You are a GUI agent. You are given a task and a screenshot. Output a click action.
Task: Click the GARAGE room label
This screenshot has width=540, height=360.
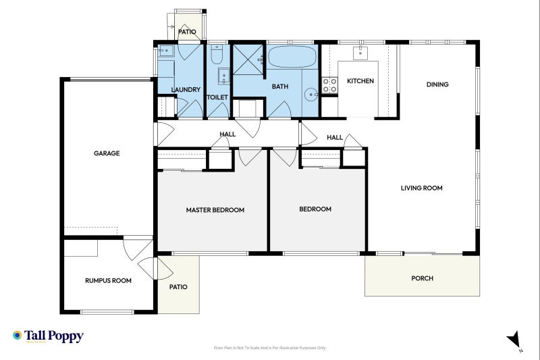click(107, 153)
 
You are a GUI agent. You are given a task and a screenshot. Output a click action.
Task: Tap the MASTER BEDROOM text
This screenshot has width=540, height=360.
click(215, 210)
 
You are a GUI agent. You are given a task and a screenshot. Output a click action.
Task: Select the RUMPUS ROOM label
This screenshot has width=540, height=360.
click(108, 280)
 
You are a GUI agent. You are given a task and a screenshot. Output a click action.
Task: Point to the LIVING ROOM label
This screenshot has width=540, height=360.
click(421, 188)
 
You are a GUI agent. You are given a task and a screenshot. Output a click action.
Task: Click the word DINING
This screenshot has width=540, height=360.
click(437, 84)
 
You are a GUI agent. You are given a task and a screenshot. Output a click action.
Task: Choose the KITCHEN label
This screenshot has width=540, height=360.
click(360, 81)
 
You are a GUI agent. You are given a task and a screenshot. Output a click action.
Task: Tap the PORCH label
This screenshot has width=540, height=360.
click(422, 278)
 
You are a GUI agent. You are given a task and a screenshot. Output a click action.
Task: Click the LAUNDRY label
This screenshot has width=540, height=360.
click(185, 90)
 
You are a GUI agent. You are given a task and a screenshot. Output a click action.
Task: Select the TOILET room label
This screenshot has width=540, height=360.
click(217, 97)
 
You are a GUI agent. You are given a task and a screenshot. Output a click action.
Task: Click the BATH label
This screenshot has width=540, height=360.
click(279, 87)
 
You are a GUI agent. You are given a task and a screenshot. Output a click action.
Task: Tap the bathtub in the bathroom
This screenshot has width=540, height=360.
click(291, 57)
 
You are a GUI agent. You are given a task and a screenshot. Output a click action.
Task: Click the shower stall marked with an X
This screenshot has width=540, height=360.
click(249, 59)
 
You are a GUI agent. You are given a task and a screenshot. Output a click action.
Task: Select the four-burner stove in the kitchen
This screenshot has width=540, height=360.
click(329, 85)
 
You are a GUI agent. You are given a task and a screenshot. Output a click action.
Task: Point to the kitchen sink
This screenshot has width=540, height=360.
click(362, 52)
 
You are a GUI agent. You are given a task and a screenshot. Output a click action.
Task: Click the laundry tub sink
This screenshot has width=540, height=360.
click(166, 51)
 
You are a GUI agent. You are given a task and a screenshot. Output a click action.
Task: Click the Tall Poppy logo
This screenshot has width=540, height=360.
click(47, 336)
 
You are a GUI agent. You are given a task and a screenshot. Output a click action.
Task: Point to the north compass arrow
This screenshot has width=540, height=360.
click(514, 340)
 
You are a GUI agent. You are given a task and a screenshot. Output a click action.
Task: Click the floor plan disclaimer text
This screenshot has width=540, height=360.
click(269, 348)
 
